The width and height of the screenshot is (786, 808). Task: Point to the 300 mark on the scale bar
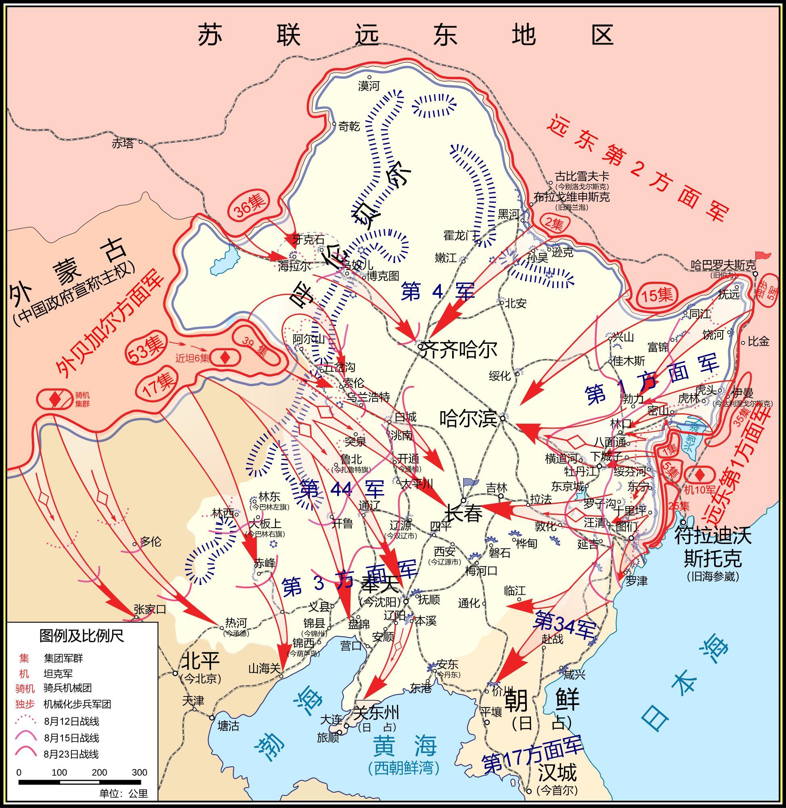tap(140, 772)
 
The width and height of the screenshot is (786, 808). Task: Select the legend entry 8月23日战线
tap(71, 754)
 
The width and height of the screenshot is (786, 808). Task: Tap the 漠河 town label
tap(369, 86)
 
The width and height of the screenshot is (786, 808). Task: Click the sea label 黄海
tap(405, 745)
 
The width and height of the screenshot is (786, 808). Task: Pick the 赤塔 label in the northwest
tap(123, 143)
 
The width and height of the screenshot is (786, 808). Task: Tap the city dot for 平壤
tap(487, 722)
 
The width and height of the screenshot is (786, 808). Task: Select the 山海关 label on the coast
tap(264, 668)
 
